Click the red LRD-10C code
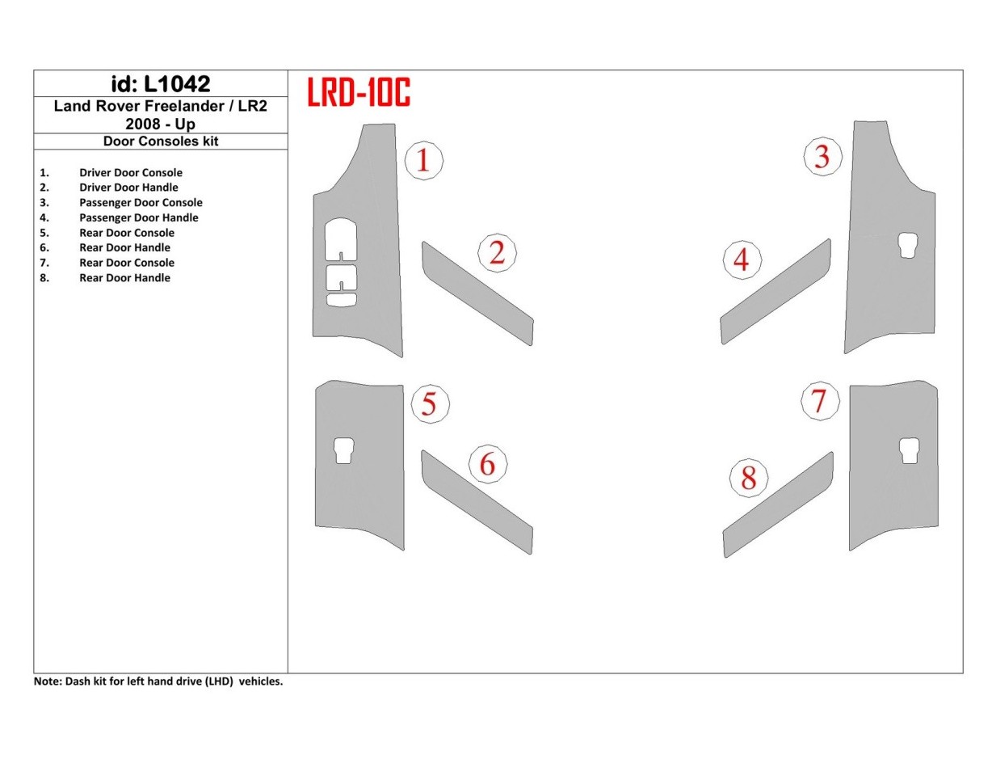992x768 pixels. [359, 93]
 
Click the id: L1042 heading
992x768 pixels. [160, 83]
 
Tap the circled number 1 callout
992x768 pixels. [422, 160]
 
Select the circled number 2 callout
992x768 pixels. [497, 253]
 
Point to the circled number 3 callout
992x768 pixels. [822, 156]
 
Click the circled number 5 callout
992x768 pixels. [429, 403]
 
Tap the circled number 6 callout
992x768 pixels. [487, 465]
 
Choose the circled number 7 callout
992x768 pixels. [819, 401]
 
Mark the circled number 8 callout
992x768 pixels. [748, 479]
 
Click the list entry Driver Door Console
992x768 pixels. [130, 172]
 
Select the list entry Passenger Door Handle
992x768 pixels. [138, 217]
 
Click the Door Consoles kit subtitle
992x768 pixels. [161, 141]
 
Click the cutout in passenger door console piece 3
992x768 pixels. [907, 246]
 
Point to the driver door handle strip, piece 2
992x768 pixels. [477, 293]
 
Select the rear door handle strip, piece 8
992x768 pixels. [777, 506]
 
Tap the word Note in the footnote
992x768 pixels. [46, 681]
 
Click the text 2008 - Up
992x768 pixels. [160, 124]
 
